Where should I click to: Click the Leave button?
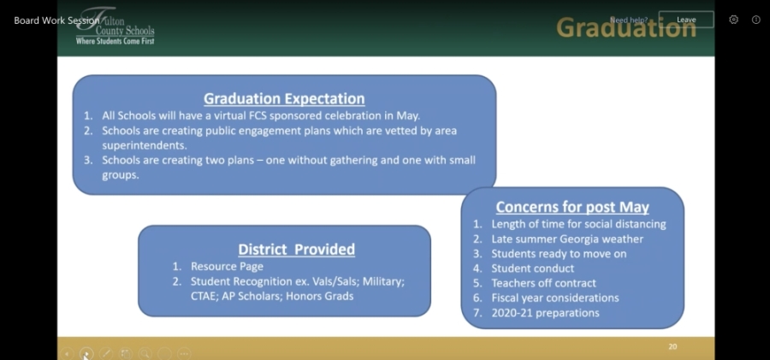[686, 20]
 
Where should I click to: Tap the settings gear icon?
[734, 20]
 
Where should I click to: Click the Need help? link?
[629, 21]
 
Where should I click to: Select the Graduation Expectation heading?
[284, 98]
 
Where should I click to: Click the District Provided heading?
[297, 250]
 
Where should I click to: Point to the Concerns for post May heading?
[572, 207]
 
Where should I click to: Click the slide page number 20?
[672, 346]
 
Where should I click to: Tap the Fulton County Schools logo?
[115, 26]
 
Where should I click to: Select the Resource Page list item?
[227, 267]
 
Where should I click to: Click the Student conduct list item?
[533, 269]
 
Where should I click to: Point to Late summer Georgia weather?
[567, 239]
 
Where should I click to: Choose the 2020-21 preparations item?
[545, 313]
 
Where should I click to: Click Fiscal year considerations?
[555, 298]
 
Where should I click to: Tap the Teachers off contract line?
[543, 283]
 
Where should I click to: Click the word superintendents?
[145, 146]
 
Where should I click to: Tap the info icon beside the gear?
[756, 20]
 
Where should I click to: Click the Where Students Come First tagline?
[115, 41]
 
